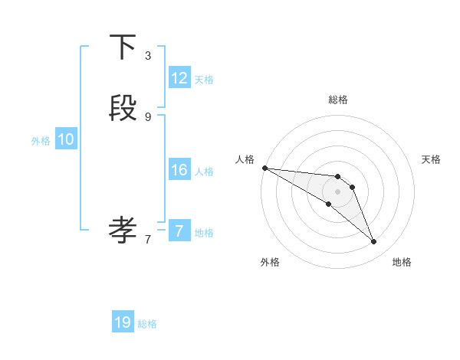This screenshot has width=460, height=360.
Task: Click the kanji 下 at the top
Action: pyautogui.click(x=123, y=47)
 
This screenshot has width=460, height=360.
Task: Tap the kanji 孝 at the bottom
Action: pyautogui.click(x=123, y=227)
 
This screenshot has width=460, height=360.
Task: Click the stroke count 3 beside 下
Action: pyautogui.click(x=148, y=56)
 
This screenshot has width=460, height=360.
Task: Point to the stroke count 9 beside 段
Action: pyautogui.click(x=148, y=116)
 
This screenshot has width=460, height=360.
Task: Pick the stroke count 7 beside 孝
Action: pyautogui.click(x=148, y=239)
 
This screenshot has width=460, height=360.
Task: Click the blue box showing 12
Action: pyautogui.click(x=179, y=77)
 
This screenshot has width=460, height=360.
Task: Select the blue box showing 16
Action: pyautogui.click(x=179, y=170)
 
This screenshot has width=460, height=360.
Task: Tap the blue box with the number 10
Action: pyautogui.click(x=66, y=139)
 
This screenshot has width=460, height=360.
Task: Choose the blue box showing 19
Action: pyautogui.click(x=123, y=322)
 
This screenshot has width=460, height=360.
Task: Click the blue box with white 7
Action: pyautogui.click(x=179, y=231)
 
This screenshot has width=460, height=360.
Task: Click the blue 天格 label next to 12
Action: pyautogui.click(x=204, y=80)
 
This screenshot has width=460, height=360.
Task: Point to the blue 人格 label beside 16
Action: pyautogui.click(x=204, y=172)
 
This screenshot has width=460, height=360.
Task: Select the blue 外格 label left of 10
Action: pyautogui.click(x=41, y=141)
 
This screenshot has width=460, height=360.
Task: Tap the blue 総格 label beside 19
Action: pyautogui.click(x=147, y=324)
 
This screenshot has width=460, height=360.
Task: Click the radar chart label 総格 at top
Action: pyautogui.click(x=338, y=100)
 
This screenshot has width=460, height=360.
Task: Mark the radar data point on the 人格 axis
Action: pyautogui.click(x=264, y=167)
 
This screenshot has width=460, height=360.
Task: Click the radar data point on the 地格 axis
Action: pyautogui.click(x=373, y=242)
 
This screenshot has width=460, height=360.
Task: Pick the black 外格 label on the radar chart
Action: pyautogui.click(x=270, y=262)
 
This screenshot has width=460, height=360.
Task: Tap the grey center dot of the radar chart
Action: pyautogui.click(x=338, y=191)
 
